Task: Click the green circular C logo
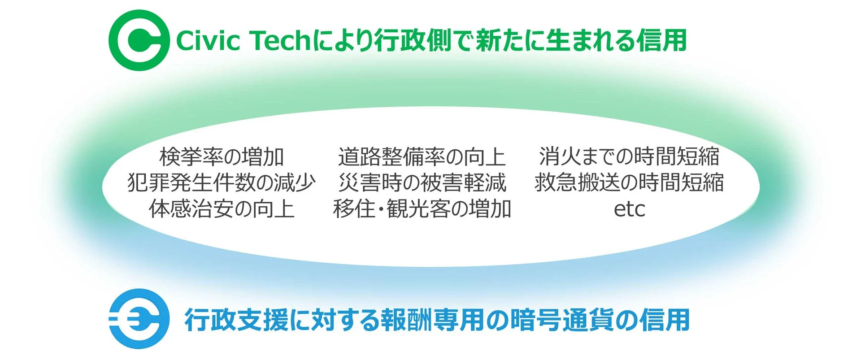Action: [x=139, y=40]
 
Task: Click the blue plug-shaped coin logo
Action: [x=139, y=319]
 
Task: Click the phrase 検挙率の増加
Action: [x=222, y=156]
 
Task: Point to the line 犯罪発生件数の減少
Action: [x=222, y=182]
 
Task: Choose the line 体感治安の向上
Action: [x=222, y=209]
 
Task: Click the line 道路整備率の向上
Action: [x=422, y=156]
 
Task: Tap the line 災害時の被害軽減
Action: [x=422, y=182]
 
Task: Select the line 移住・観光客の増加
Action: [x=422, y=209]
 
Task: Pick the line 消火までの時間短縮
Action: [x=629, y=156]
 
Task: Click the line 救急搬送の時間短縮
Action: [x=629, y=182]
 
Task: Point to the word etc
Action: [x=629, y=209]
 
